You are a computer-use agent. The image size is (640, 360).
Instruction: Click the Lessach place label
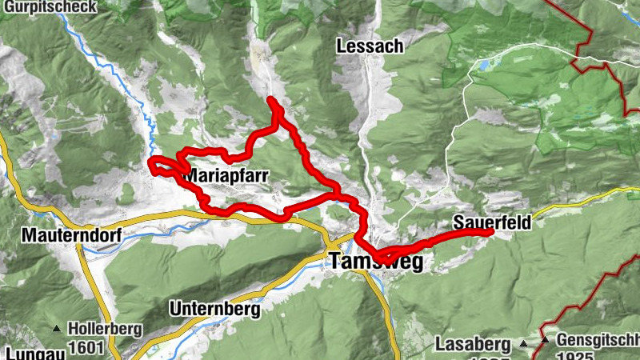[370, 46]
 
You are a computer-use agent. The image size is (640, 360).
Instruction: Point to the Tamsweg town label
[375, 261]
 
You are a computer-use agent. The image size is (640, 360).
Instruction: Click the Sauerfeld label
[491, 222]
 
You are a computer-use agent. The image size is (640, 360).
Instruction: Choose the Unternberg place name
[214, 308]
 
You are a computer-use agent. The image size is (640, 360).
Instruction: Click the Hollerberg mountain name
[105, 328]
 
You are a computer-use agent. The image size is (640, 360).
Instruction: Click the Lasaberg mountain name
[473, 345]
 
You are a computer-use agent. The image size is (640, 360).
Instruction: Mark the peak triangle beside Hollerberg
[57, 329]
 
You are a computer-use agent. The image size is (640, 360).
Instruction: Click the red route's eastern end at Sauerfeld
[490, 233]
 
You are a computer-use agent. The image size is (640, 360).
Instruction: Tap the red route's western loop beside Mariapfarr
[154, 165]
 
